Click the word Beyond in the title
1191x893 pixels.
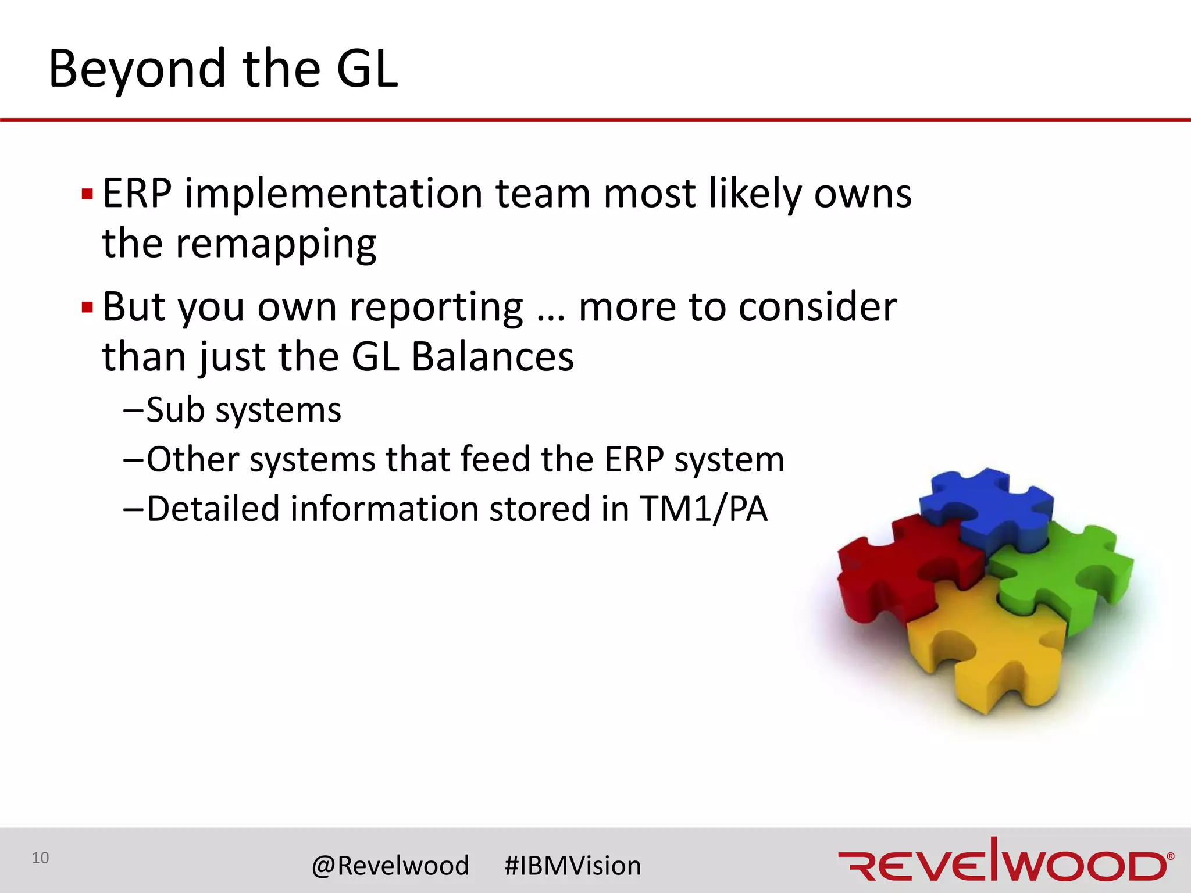[137, 70]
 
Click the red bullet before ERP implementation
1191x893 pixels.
[87, 194]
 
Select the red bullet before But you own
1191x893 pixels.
[87, 308]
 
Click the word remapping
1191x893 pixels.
[276, 244]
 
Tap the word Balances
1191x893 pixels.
[493, 357]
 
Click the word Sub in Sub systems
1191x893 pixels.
[175, 410]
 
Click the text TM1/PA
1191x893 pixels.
[704, 509]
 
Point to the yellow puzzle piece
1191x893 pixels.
[989, 651]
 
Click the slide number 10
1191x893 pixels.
[40, 858]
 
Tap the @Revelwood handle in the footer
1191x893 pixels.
[390, 866]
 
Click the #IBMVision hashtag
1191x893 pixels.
[572, 866]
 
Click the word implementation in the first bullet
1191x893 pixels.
[333, 194]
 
